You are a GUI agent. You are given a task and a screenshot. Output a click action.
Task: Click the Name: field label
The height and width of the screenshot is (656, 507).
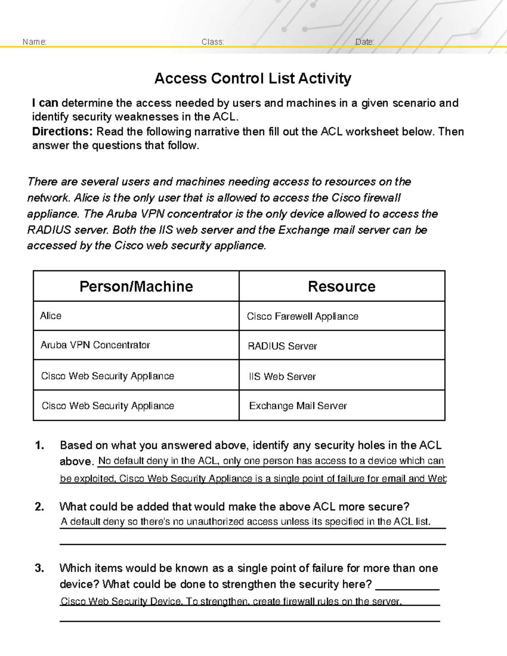[x=34, y=42]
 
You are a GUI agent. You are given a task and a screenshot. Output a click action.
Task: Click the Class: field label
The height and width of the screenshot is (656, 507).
[x=213, y=42]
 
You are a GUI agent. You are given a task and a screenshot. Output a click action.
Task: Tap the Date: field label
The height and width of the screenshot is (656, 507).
[x=365, y=42]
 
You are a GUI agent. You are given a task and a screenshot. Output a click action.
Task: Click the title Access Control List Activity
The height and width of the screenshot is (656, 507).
[x=253, y=79]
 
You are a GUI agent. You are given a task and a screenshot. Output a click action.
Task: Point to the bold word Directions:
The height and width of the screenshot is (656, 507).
[x=62, y=131]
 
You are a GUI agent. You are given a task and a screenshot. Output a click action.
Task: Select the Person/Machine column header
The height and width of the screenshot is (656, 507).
[x=136, y=286]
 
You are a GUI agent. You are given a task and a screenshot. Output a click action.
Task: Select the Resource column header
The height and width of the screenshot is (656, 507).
[x=341, y=286]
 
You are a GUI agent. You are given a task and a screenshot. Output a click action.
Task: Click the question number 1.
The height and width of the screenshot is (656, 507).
[x=39, y=446]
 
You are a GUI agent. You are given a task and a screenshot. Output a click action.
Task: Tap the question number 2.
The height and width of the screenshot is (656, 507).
[x=39, y=507]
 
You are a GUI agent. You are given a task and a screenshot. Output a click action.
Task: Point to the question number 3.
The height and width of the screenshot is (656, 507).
[x=39, y=568]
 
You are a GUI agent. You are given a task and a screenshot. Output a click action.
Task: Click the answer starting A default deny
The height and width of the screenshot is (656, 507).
[x=245, y=522]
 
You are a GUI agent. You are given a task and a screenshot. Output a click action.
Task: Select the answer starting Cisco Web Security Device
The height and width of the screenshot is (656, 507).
[x=231, y=602]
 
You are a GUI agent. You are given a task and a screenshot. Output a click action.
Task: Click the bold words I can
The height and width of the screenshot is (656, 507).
[x=45, y=103]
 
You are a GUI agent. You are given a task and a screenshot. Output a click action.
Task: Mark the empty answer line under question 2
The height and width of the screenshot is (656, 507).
[x=253, y=542]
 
